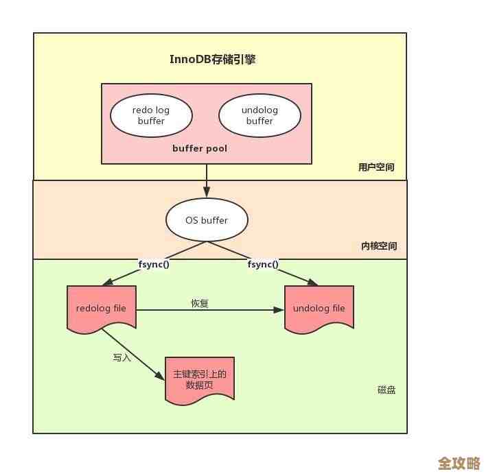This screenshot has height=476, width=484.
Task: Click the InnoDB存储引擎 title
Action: point(212,59)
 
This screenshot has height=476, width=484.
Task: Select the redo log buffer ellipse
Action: point(151,115)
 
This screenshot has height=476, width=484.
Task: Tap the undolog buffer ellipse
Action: point(260,115)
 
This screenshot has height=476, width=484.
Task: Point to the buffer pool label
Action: point(200,148)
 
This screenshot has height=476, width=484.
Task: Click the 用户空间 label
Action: point(376,167)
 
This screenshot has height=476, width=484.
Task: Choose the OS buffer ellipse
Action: point(207,220)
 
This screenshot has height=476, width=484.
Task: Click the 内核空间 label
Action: point(378,246)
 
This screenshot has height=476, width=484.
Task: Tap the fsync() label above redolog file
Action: point(154,264)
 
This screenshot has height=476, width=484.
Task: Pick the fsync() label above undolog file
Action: point(263,264)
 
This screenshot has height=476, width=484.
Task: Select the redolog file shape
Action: point(101,309)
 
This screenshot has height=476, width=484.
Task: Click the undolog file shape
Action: point(319,309)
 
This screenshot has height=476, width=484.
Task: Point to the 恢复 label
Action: point(199,303)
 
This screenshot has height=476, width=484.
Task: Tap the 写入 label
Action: point(122,357)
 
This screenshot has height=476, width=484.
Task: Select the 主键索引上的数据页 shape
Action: point(200,379)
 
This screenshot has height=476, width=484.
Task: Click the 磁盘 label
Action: point(387,390)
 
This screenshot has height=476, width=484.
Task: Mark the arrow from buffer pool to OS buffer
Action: point(207,180)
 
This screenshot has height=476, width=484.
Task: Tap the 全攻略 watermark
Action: point(459,464)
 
